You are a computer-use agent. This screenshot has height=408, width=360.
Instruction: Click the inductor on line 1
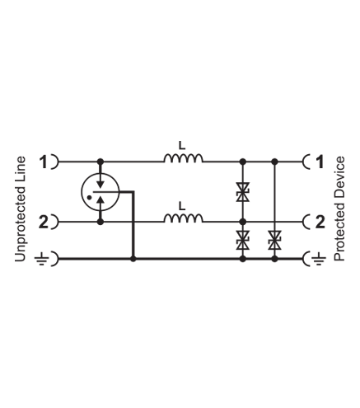click(x=184, y=158)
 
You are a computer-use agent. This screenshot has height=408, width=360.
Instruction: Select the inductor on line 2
click(x=184, y=218)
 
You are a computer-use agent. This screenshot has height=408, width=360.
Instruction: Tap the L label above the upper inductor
click(x=182, y=145)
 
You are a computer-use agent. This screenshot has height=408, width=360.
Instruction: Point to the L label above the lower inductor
click(x=182, y=206)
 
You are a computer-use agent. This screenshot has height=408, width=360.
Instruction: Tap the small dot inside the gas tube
click(x=89, y=197)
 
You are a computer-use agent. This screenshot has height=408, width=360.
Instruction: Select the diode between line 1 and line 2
click(x=243, y=192)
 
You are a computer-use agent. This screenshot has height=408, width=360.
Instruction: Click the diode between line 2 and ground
click(x=243, y=240)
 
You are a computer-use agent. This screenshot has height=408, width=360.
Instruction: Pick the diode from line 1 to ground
click(x=274, y=240)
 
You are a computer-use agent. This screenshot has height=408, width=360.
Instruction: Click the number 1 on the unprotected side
click(x=44, y=162)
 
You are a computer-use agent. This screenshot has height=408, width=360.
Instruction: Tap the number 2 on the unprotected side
click(x=44, y=222)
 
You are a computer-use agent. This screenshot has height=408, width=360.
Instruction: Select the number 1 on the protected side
click(x=320, y=162)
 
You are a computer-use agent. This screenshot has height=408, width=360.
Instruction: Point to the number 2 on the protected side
click(x=320, y=222)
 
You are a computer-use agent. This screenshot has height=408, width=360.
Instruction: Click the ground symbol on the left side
click(x=42, y=259)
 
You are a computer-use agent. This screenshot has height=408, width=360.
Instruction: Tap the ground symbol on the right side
click(x=319, y=259)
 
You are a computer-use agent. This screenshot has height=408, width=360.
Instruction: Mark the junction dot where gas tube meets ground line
click(x=133, y=259)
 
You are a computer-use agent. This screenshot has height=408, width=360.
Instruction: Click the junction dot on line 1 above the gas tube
click(x=101, y=162)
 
